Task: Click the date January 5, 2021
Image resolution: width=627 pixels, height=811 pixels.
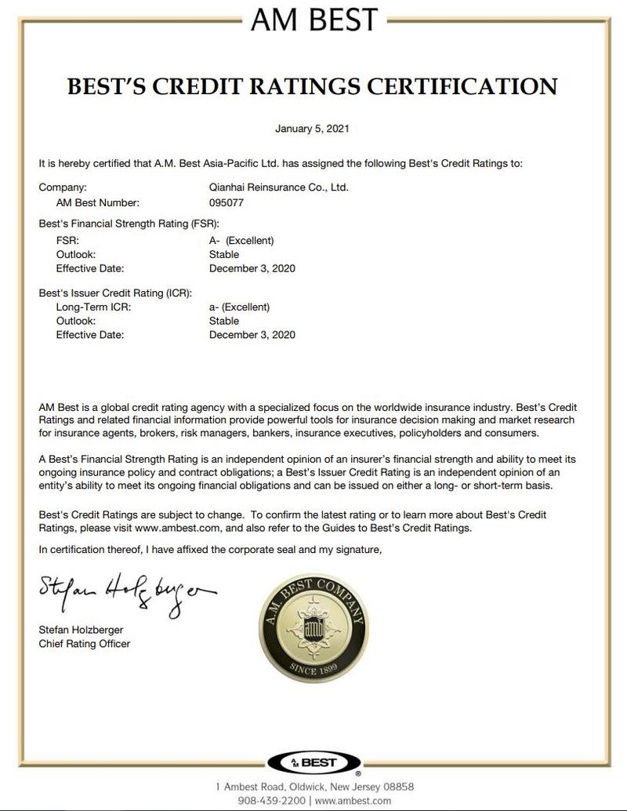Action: click(313, 128)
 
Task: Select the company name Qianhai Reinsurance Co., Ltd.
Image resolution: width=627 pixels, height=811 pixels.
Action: click(274, 187)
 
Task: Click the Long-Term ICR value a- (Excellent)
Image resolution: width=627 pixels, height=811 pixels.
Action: click(235, 307)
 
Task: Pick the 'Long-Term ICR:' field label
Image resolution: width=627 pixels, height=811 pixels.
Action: click(93, 307)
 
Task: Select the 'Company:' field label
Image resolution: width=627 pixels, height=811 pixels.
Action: click(63, 187)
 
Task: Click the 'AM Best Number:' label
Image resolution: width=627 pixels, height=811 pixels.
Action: click(97, 202)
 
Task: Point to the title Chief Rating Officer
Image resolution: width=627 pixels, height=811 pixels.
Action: click(85, 644)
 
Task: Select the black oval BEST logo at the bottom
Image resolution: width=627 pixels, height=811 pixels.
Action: click(313, 762)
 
